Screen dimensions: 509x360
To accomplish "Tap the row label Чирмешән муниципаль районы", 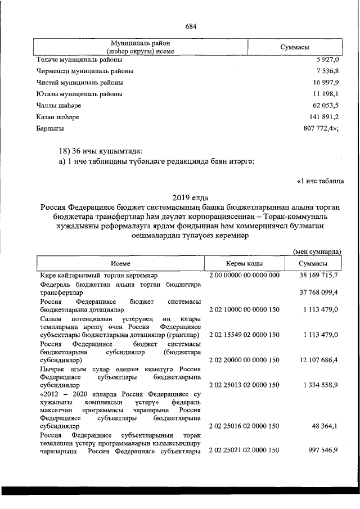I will (x=85, y=71).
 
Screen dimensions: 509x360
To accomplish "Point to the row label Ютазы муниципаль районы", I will (x=79, y=94).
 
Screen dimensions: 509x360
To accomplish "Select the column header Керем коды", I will (x=244, y=263).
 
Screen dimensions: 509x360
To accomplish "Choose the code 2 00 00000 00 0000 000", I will (x=244, y=275).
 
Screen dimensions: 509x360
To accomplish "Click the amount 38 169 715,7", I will (x=317, y=275).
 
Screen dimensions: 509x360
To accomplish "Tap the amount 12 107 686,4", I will (x=318, y=359).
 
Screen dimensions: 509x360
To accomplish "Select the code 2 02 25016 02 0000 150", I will (x=244, y=426).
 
